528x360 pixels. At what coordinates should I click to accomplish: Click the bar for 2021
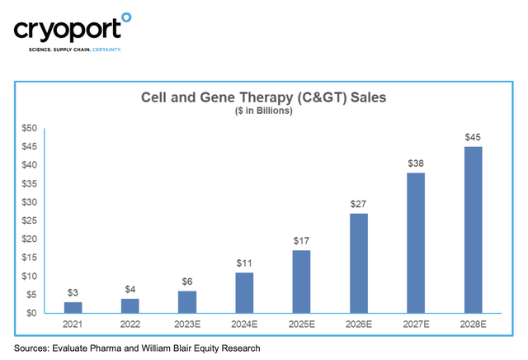click(x=73, y=307)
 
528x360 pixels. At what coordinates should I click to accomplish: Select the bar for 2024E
click(x=244, y=293)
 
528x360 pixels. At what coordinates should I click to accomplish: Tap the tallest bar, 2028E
click(x=473, y=230)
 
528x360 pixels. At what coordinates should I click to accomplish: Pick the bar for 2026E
click(x=359, y=263)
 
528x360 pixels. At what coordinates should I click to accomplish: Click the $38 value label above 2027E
click(x=416, y=163)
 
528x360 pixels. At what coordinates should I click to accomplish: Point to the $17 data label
click(x=301, y=241)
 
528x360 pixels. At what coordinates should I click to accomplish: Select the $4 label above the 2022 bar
click(x=130, y=289)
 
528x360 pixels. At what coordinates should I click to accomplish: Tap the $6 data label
click(x=187, y=282)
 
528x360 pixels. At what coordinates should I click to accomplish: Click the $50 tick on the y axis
click(x=30, y=128)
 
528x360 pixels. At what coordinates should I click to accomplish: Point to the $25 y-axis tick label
click(x=30, y=220)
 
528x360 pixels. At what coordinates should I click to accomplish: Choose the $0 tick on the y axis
click(x=31, y=313)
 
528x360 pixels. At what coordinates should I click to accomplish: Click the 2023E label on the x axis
click(x=187, y=324)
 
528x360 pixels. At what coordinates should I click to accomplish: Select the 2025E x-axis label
click(x=302, y=324)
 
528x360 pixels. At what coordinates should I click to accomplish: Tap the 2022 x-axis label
click(x=130, y=324)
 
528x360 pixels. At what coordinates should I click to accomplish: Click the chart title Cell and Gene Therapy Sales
click(x=264, y=97)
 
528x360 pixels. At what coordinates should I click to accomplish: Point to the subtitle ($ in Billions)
click(x=264, y=111)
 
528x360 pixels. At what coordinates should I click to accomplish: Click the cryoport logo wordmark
click(x=68, y=30)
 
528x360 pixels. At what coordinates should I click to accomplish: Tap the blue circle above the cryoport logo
click(x=126, y=17)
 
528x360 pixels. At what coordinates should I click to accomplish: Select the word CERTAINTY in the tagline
click(x=106, y=50)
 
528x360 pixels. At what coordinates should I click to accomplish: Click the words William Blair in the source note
click(x=162, y=348)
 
